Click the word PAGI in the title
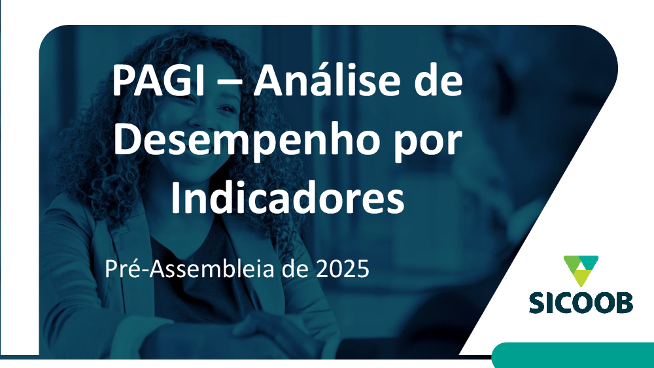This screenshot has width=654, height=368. pyautogui.click(x=158, y=80)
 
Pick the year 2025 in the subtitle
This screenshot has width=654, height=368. pyautogui.click(x=343, y=269)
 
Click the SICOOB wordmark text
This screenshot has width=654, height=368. pyautogui.click(x=581, y=303)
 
